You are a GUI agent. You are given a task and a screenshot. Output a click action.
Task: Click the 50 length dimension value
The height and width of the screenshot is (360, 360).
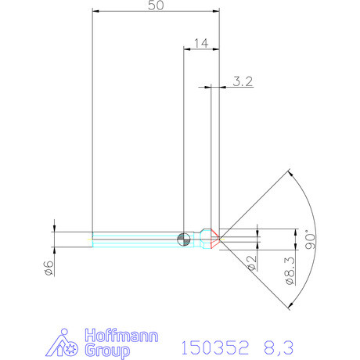pos(156,5)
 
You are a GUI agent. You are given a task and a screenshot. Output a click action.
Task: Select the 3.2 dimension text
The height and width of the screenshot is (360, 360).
pos(243,81)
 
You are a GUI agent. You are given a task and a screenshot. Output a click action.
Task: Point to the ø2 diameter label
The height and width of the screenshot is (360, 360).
pos(252,263)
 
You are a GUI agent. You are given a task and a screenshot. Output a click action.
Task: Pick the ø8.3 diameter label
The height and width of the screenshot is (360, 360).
pos(289,268)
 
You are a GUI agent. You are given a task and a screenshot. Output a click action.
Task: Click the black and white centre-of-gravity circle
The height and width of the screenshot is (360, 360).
pos(184,239)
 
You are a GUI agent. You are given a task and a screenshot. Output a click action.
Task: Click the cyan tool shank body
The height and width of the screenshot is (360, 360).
pos(133,239)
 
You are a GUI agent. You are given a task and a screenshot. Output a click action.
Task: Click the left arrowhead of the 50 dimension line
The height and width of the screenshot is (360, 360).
pos(95,12)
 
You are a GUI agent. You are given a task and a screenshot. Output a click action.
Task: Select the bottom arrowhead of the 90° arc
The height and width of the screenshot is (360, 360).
pos(290,304)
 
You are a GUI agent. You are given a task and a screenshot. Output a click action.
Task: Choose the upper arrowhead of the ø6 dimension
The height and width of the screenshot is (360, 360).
pos(54,229)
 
